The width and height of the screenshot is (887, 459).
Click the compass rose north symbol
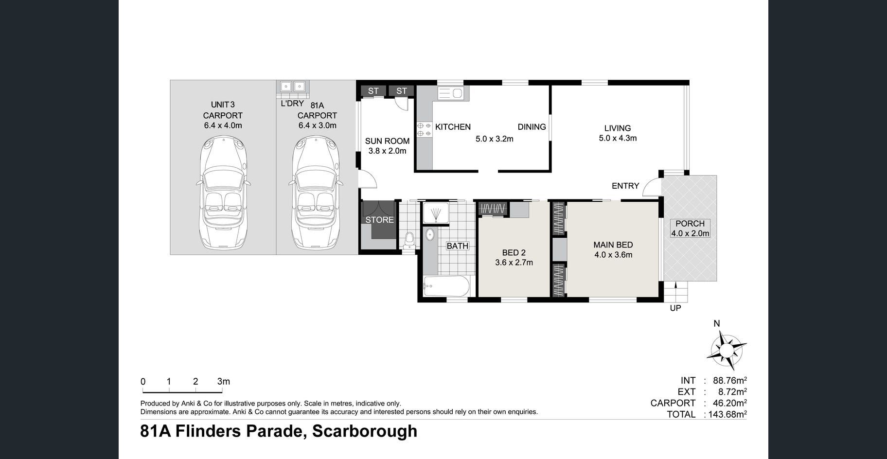727,350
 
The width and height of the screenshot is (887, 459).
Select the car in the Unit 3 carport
223,194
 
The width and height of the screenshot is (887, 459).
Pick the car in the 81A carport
316,194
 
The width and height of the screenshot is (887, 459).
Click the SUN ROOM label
387,141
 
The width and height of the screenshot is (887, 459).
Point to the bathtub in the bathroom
446,286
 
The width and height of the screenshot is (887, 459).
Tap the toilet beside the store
409,241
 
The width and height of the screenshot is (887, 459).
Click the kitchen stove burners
424,129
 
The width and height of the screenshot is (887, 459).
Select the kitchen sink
450,93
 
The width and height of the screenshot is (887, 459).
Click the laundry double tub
293,87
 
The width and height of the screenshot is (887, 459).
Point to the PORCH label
690,224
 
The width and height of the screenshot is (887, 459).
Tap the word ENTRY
625,186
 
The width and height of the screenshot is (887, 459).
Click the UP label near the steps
675,308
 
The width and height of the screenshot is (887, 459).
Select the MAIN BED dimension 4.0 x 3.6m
613,255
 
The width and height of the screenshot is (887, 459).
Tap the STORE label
380,220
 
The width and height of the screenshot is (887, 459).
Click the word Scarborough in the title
365,431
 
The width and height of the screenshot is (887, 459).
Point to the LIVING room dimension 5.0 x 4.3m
618,138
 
